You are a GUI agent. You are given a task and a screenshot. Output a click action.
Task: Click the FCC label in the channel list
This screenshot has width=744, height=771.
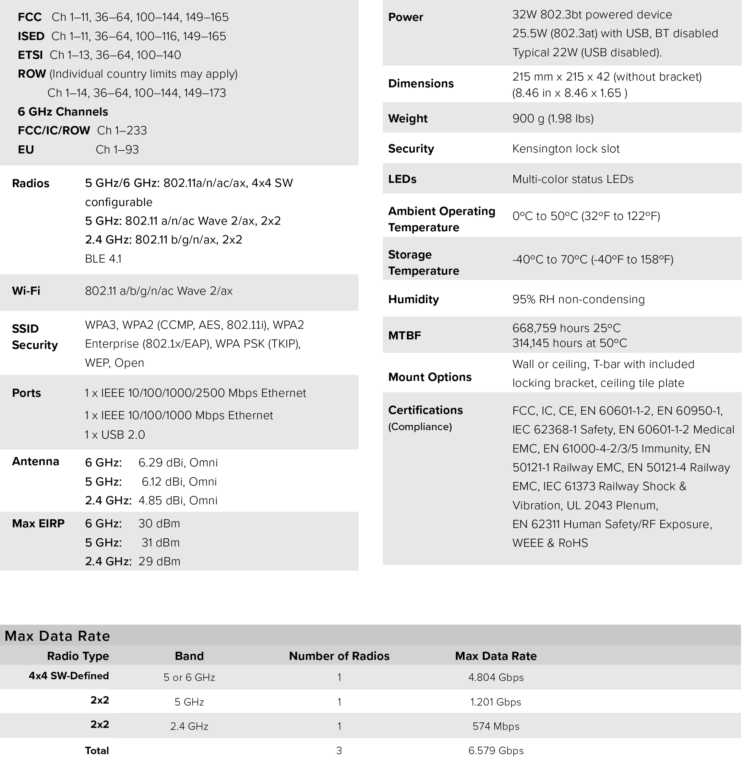coord(30,17)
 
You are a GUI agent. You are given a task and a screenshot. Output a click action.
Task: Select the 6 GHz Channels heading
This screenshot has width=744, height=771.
coord(63,112)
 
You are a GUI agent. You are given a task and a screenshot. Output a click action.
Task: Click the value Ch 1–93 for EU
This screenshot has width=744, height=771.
coord(117,149)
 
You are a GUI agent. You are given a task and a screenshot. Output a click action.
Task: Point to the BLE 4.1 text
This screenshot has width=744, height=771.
coord(103,259)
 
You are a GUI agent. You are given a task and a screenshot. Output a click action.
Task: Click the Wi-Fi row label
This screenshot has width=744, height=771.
coord(26,291)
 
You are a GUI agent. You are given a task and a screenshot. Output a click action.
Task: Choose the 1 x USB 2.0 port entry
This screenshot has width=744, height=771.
coord(114,435)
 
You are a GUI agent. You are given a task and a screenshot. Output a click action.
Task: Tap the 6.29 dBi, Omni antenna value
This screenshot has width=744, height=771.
coord(178,463)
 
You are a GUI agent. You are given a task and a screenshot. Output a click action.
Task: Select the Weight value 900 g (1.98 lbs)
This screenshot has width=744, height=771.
coord(553,119)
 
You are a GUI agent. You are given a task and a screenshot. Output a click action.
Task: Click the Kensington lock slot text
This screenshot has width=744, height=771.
coord(566,149)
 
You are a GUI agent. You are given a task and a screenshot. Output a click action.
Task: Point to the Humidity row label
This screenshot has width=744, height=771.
coord(413,299)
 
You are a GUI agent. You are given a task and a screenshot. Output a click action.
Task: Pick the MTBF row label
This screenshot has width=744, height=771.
coord(404,336)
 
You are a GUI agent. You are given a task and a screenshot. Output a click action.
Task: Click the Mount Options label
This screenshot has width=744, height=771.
coord(430,377)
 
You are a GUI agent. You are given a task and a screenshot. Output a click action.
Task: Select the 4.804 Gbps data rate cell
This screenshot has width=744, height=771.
coord(496,677)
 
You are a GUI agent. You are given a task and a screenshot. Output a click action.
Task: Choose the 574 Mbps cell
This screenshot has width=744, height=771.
coord(496,726)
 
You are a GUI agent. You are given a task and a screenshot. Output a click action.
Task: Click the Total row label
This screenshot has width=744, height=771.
coord(97,751)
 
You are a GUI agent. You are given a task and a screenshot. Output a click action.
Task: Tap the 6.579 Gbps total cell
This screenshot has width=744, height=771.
coord(496,751)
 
